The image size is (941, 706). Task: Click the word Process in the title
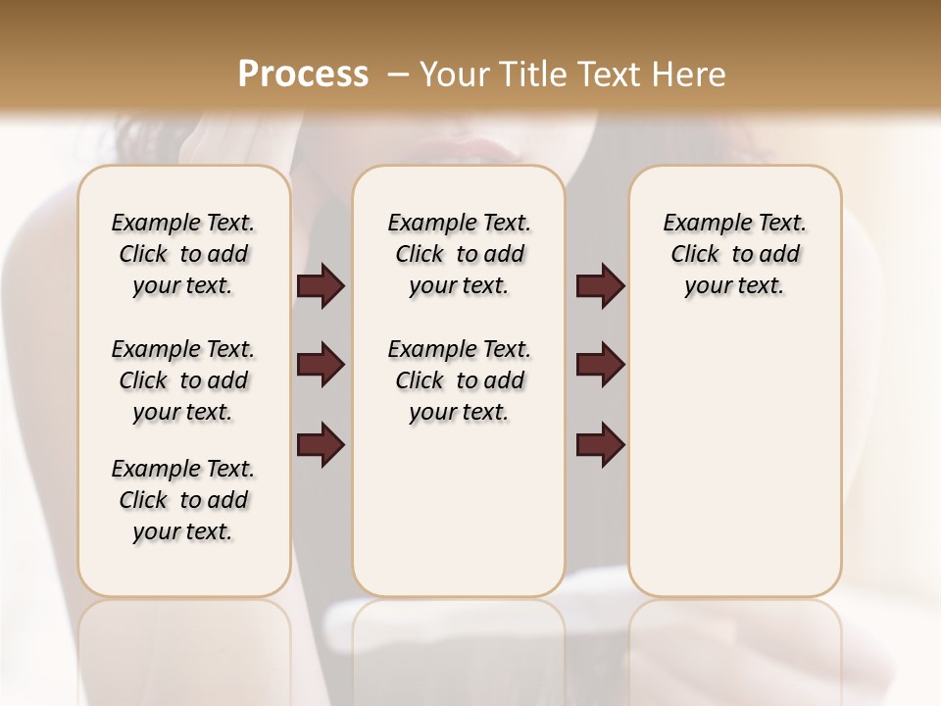[x=303, y=75]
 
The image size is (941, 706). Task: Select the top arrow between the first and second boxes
[x=321, y=286]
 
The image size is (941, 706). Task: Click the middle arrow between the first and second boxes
[x=321, y=365]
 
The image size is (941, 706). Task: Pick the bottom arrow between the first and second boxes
[x=321, y=444]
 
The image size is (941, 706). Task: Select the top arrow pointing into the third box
[x=601, y=286]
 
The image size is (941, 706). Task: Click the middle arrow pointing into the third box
[x=601, y=365]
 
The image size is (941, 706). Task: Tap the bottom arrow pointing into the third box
[x=601, y=444]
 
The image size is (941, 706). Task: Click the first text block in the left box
[x=183, y=254]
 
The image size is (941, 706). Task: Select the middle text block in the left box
[x=183, y=380]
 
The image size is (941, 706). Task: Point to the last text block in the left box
[x=183, y=500]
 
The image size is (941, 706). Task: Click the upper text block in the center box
[x=459, y=254]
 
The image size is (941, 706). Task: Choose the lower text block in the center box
[x=459, y=380]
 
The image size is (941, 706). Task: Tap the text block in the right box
[x=734, y=254]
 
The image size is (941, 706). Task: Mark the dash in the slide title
[x=398, y=75]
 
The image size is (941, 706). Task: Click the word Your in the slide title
[x=451, y=75]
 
